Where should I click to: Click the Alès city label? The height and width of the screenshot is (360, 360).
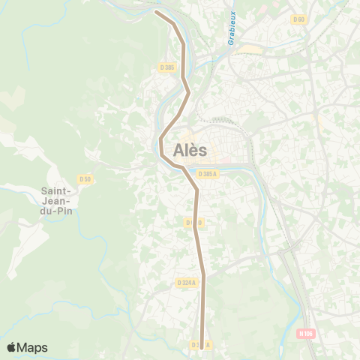(x=190, y=150)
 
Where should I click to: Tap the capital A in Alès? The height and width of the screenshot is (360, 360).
(x=178, y=150)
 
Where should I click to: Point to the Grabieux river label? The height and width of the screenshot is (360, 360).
(x=232, y=27)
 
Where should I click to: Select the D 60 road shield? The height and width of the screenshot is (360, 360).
(x=299, y=19)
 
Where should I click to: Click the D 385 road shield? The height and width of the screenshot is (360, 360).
(x=166, y=67)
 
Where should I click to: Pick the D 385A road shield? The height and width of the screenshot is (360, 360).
(x=208, y=174)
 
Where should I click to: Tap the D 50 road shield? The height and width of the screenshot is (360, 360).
(x=85, y=178)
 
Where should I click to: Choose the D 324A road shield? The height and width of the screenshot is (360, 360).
(x=187, y=283)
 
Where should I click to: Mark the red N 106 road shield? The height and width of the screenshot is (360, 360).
(x=304, y=333)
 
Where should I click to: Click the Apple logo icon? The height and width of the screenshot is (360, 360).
(x=12, y=347)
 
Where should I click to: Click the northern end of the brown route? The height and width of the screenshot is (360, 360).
(x=156, y=11)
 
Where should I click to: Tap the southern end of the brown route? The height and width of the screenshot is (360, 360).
(x=202, y=347)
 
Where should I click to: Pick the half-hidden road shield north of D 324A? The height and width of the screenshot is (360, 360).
(x=193, y=222)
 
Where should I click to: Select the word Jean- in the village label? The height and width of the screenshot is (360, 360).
(x=57, y=201)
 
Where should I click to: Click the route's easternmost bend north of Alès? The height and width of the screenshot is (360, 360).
(x=188, y=93)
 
